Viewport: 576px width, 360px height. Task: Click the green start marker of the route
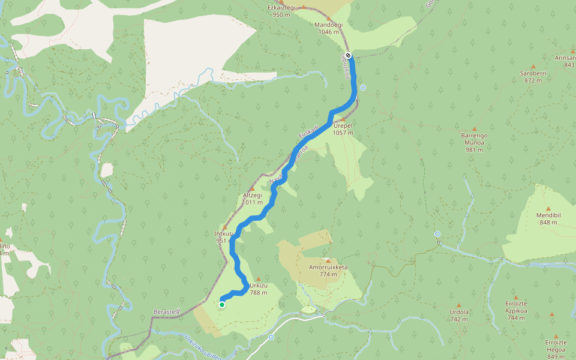pyautogui.click(x=222, y=305)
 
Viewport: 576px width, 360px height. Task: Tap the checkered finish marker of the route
pyautogui.click(x=348, y=56)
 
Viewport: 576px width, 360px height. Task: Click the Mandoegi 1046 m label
pyautogui.click(x=327, y=28)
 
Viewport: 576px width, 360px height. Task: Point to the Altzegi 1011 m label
pyautogui.click(x=253, y=199)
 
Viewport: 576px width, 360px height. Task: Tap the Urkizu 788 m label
pyautogui.click(x=258, y=289)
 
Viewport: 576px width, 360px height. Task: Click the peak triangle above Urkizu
pyautogui.click(x=259, y=278)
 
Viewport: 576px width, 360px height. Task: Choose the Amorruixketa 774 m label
pyautogui.click(x=328, y=271)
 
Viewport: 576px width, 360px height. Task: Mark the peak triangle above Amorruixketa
pyautogui.click(x=328, y=260)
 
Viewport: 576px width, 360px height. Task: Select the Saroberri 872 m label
pyautogui.click(x=533, y=76)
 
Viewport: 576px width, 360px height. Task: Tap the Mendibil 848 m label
pyautogui.click(x=548, y=218)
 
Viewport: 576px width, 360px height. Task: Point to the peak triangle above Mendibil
pyautogui.click(x=548, y=208)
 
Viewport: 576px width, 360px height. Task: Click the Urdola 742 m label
pyautogui.click(x=458, y=315)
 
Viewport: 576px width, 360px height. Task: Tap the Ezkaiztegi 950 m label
pyautogui.click(x=281, y=11)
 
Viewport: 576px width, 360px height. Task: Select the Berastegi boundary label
pyautogui.click(x=165, y=313)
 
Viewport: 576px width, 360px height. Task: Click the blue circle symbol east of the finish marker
pyautogui.click(x=363, y=88)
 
